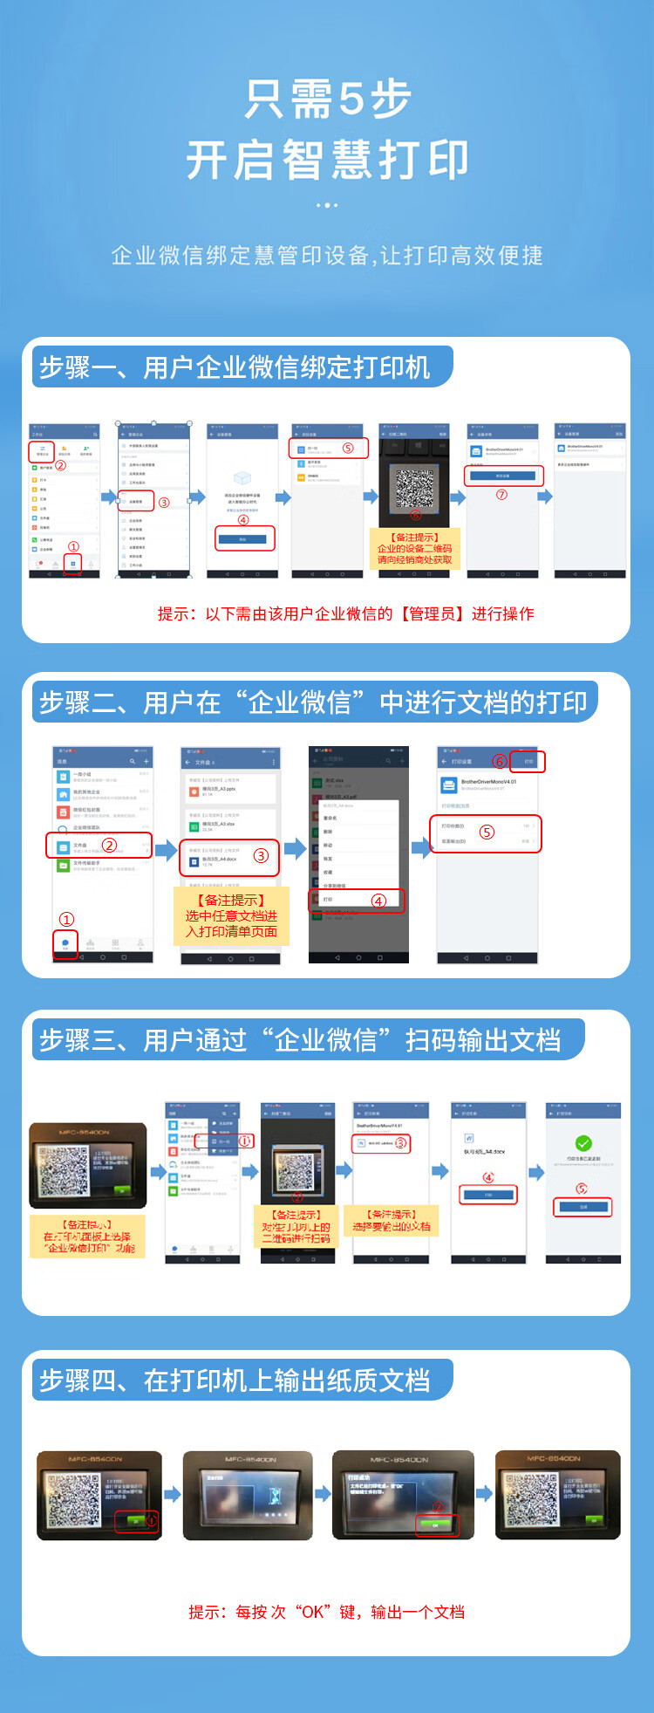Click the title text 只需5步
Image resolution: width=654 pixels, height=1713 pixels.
point(327,99)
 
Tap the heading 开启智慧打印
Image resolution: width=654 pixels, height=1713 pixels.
point(327,161)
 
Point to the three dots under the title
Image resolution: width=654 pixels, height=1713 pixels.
point(327,206)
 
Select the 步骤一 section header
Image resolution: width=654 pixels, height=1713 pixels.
point(235,367)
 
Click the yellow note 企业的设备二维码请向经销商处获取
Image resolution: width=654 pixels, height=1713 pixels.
point(415,549)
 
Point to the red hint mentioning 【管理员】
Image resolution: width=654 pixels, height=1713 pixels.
point(345,614)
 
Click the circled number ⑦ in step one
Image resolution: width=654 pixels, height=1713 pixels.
point(501,495)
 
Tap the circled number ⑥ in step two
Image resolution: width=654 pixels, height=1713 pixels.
point(499,761)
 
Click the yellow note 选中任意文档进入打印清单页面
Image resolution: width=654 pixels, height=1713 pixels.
point(231,916)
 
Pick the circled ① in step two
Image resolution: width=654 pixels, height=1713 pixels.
point(66,919)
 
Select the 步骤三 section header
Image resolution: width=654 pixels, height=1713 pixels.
point(301,1040)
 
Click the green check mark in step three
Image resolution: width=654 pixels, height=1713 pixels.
point(583,1143)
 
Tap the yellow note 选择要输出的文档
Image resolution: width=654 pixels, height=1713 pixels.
point(392,1221)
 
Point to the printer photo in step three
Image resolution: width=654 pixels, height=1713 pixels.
point(87,1165)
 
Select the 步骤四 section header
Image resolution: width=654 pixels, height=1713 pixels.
point(235,1381)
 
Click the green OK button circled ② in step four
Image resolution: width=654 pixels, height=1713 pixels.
point(435,1525)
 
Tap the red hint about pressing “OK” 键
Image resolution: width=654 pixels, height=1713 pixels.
point(326,1612)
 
